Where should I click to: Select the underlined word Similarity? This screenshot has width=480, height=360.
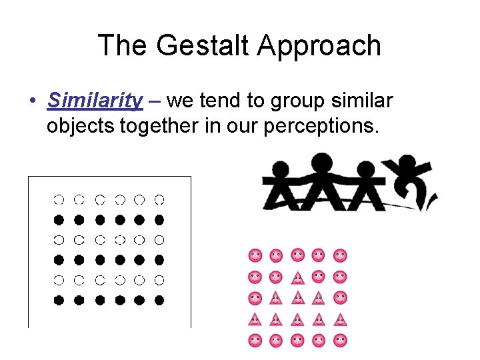click(x=95, y=101)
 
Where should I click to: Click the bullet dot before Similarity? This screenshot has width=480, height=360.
click(x=32, y=102)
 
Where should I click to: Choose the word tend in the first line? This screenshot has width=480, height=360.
click(x=232, y=101)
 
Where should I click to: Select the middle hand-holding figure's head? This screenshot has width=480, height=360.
click(x=321, y=162)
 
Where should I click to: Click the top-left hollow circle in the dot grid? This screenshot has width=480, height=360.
click(x=59, y=199)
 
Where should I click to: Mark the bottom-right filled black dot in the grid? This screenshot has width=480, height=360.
click(x=159, y=300)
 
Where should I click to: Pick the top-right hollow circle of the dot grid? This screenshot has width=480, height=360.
click(x=159, y=199)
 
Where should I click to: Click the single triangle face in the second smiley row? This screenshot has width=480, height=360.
click(x=297, y=277)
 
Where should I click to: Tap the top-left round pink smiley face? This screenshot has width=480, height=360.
click(x=255, y=255)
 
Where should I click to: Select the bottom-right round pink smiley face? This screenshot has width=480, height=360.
click(x=340, y=341)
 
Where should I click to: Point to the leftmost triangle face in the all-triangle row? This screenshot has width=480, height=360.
click(x=255, y=319)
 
